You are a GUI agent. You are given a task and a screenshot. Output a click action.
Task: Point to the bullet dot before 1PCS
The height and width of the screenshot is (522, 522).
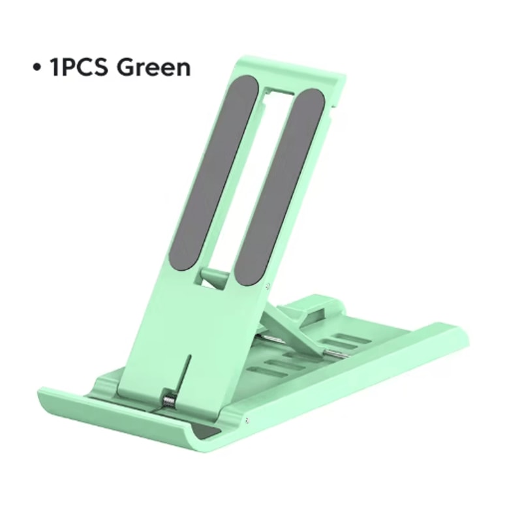pos(37,67)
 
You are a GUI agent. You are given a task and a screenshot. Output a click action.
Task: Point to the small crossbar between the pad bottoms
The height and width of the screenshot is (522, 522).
pos(215,274)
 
